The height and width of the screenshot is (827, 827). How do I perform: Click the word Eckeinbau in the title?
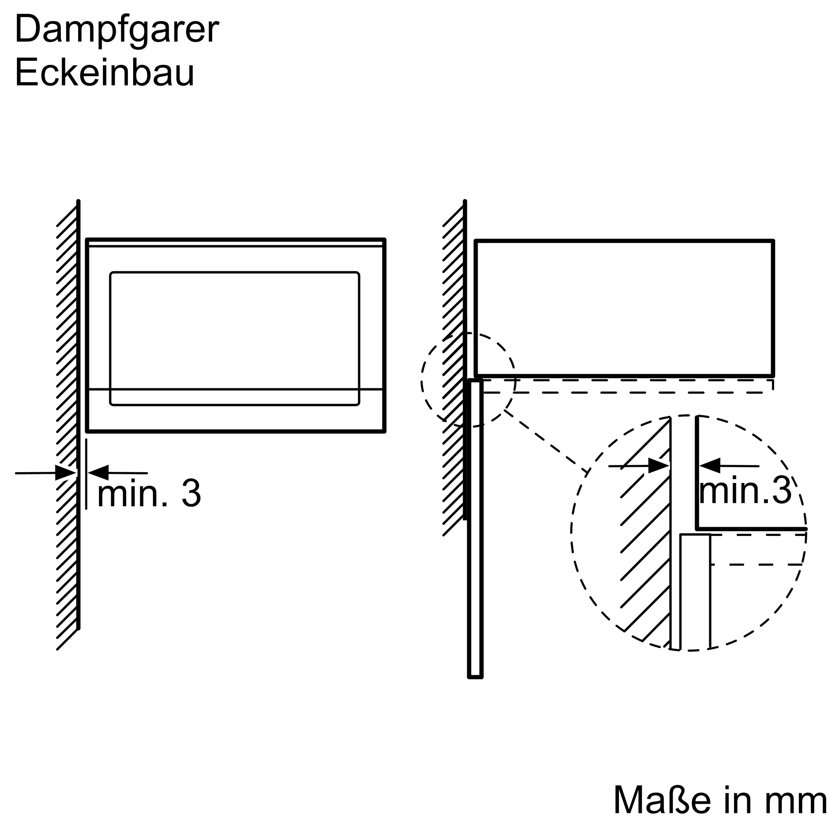[105, 72]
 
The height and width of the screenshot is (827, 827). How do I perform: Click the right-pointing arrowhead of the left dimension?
[66, 473]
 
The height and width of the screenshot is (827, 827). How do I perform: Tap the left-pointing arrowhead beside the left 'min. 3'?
[98, 473]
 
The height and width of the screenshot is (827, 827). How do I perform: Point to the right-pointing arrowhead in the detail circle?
[659, 466]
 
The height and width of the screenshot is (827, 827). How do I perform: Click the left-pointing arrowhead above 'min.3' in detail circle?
[710, 466]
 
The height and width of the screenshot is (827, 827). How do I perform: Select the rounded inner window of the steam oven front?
[234, 338]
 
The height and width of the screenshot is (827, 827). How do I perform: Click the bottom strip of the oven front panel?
[235, 410]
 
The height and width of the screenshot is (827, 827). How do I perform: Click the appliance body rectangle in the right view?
[624, 308]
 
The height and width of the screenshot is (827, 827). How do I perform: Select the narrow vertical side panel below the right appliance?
[475, 528]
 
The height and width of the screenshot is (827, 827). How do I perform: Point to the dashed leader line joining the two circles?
[546, 441]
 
